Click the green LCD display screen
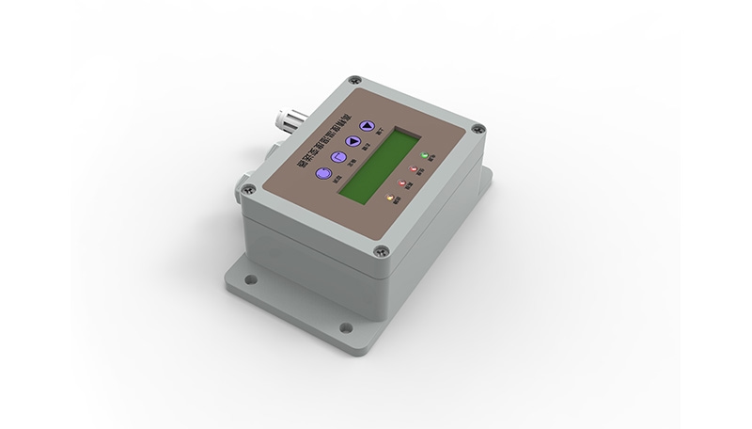377,165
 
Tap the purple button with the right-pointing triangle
352,142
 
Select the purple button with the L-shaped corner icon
337,157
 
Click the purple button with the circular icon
322,173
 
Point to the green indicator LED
425,154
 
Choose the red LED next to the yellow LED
403,183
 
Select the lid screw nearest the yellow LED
381,249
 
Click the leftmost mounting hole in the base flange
253,279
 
